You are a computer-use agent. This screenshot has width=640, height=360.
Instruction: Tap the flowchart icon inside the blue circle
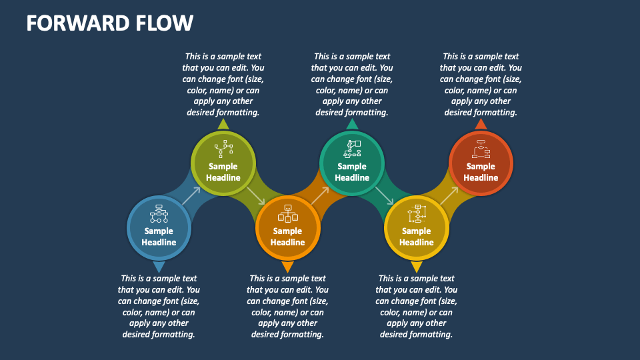[159, 213]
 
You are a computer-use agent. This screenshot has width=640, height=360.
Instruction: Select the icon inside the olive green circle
[223, 149]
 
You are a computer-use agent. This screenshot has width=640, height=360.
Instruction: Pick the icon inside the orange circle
[287, 213]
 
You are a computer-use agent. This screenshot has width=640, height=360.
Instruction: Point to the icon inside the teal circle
[352, 148]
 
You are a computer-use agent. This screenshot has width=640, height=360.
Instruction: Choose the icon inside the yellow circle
[417, 213]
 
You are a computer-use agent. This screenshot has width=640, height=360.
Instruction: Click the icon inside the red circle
[481, 149]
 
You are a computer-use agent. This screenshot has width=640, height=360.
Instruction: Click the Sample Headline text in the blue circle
[159, 237]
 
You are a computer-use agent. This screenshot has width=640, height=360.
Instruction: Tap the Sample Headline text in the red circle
[481, 172]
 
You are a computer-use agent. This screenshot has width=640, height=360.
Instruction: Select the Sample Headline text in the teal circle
[352, 172]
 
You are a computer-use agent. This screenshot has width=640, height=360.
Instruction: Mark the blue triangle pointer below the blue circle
[159, 267]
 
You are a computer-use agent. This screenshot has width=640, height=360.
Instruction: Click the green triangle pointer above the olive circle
[223, 124]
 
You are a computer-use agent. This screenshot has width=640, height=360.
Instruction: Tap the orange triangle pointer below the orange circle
[287, 267]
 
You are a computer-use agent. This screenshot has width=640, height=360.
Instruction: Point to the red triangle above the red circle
[481, 123]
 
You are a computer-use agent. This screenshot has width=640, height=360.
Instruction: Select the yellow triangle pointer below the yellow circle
[417, 267]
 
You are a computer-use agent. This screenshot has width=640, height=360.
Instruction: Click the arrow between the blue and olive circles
[191, 196]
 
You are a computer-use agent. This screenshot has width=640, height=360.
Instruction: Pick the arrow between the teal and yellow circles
[385, 196]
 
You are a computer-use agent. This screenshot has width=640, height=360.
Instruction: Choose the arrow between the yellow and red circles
[449, 196]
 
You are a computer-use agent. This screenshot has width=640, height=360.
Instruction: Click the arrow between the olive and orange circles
[255, 196]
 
